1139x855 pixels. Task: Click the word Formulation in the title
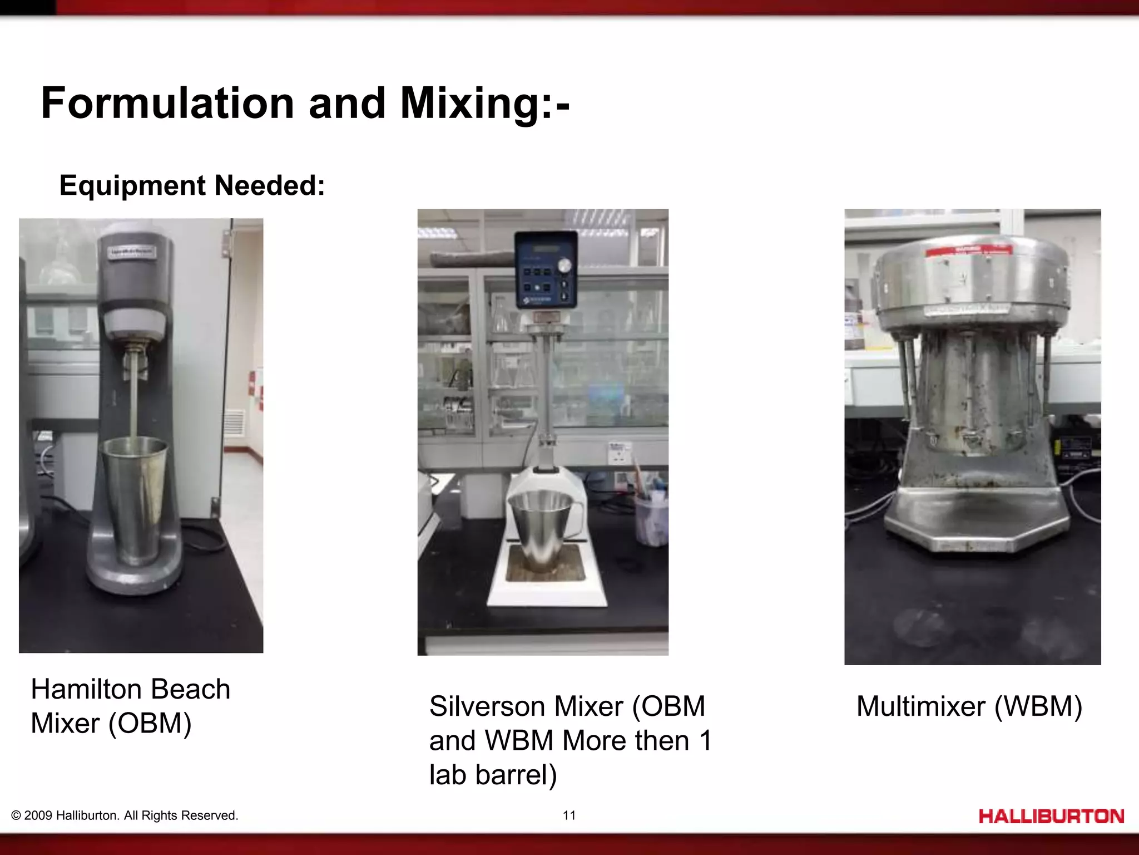(x=167, y=104)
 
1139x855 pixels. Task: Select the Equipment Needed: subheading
(x=192, y=185)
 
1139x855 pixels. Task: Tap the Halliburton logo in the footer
(x=1051, y=816)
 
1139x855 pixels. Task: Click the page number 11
(x=569, y=815)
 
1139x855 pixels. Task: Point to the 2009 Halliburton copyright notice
(x=125, y=815)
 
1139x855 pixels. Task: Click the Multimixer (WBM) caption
(x=969, y=706)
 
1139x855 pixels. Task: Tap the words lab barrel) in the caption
(x=493, y=774)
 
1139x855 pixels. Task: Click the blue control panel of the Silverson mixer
(x=545, y=270)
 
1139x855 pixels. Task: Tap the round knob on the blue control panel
(x=564, y=266)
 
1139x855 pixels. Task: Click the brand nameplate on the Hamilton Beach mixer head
(x=132, y=253)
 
